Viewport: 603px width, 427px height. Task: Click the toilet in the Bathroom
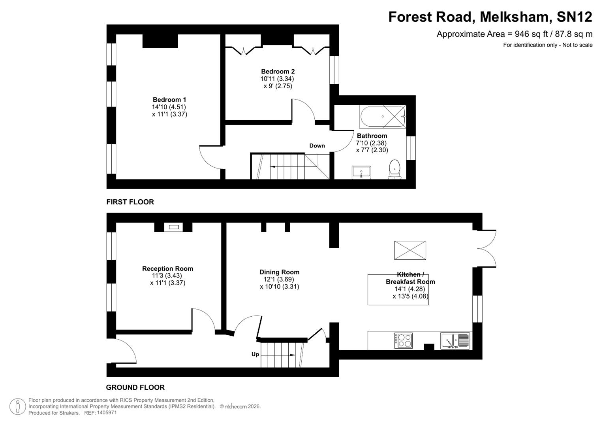(x=394, y=170)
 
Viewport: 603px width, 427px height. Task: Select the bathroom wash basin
(x=361, y=172)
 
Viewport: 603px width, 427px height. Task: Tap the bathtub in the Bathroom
(x=382, y=117)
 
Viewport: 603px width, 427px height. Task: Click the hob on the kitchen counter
(x=403, y=340)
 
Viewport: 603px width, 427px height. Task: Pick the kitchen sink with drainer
(x=455, y=340)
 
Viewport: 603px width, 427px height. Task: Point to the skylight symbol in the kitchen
(x=410, y=250)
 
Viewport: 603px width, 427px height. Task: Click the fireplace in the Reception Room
(x=173, y=227)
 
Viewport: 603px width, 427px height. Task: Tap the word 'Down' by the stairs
(x=317, y=145)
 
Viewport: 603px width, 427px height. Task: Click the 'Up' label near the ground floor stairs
(x=255, y=354)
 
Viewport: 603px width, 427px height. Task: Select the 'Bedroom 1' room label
(x=169, y=100)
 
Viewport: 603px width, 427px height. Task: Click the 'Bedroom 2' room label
(x=278, y=72)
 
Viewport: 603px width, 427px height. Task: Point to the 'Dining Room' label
(x=279, y=272)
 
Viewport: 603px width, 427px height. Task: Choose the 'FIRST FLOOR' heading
(x=130, y=202)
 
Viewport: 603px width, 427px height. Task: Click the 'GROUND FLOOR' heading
(x=135, y=387)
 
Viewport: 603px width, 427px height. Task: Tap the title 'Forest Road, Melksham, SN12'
(x=490, y=17)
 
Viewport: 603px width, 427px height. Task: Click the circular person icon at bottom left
(x=17, y=406)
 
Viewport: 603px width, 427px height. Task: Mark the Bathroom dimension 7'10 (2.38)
(x=371, y=143)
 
